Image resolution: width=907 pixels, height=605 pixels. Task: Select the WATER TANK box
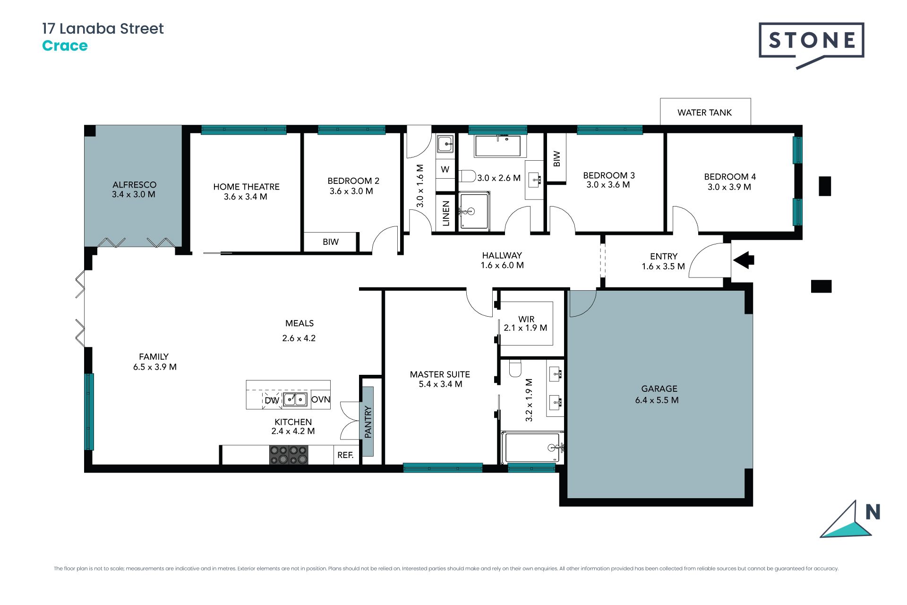coord(705,112)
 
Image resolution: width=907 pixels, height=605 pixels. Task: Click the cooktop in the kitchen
coord(289,455)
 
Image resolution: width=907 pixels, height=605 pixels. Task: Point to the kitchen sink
coord(295,399)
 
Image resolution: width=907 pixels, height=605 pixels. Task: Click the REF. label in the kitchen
coord(345,455)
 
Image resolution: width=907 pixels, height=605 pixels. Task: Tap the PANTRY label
coord(368,422)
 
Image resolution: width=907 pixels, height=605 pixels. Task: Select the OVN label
coord(321,399)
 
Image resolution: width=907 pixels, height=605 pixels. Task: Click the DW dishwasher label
coord(272,401)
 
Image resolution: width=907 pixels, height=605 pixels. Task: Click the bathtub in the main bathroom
coord(498,146)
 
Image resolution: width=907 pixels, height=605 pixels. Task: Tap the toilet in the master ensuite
coord(515,368)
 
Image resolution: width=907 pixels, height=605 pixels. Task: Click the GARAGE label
coord(659,389)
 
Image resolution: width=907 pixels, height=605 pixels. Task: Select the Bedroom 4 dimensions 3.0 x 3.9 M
coord(729,187)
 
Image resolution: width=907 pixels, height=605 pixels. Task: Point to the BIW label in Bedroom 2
coord(331,242)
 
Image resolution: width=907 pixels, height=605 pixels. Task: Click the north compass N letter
coord(873,512)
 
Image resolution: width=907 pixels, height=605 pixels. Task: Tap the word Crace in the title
coord(65,46)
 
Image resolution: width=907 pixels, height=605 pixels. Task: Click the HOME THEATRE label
coord(246,187)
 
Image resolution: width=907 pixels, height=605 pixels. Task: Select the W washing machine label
coord(445,169)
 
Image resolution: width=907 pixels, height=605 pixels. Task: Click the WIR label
coord(526,319)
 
